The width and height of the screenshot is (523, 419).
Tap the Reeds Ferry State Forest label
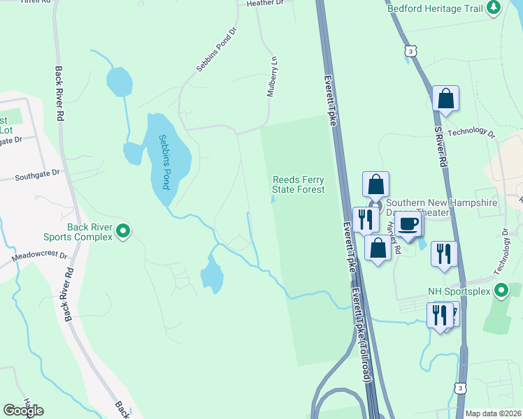click(299, 184)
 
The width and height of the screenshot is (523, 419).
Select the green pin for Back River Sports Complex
click(124, 230)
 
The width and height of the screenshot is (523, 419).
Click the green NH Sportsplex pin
click(501, 290)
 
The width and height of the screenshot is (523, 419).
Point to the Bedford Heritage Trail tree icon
click(494, 7)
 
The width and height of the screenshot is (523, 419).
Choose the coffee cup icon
click(408, 223)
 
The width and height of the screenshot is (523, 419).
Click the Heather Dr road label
click(265, 3)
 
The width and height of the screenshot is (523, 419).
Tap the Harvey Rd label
click(392, 238)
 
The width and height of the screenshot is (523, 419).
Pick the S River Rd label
click(441, 146)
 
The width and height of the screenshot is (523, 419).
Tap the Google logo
click(23, 411)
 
